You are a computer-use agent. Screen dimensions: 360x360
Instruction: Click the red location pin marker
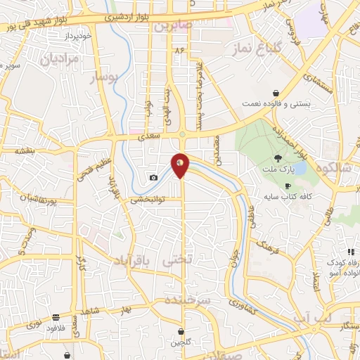(181, 165)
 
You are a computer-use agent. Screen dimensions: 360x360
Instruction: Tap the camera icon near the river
(153, 177)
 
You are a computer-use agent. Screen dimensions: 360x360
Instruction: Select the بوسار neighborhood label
(105, 79)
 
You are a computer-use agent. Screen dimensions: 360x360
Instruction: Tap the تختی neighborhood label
(176, 259)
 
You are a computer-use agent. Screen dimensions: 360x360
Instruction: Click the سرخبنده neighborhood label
(188, 300)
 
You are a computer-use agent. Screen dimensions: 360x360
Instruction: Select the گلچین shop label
(180, 342)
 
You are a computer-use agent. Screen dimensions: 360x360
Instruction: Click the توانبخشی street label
(147, 200)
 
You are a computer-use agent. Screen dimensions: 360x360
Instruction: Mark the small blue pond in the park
(300, 169)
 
